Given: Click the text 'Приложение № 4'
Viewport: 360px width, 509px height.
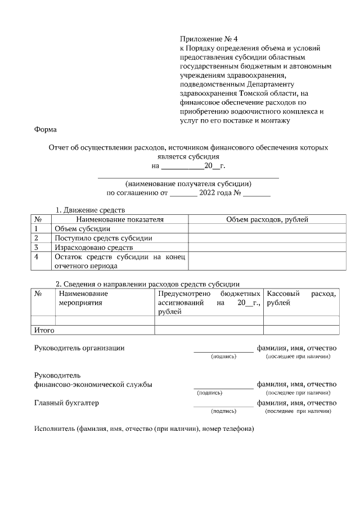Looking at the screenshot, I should (209, 39).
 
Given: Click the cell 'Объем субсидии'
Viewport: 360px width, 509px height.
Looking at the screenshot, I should (82, 229).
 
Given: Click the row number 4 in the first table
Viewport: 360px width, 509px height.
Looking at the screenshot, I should (37, 256).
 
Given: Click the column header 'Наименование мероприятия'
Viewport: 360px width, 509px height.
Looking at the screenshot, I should (83, 298).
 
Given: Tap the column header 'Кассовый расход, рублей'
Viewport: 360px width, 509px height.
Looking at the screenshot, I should (301, 298).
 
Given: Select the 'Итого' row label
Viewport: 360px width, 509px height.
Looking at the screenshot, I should (44, 330).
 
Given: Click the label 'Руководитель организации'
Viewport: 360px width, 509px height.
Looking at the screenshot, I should (79, 348).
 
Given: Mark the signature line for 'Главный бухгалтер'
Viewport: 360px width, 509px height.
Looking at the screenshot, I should (223, 405).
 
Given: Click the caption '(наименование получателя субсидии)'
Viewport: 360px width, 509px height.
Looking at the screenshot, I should (188, 183).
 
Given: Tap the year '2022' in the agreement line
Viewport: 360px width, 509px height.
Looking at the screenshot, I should (208, 193).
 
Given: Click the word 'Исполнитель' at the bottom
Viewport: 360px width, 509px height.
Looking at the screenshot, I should (54, 429).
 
